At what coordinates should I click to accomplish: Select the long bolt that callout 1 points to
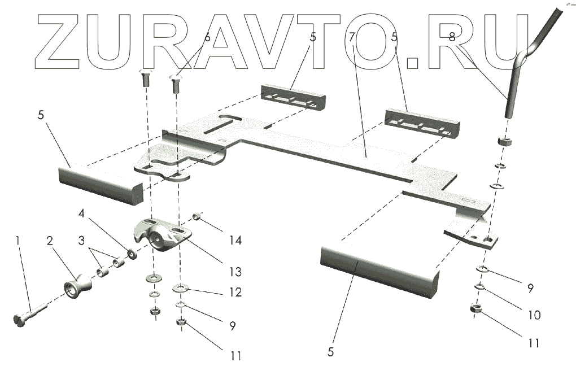pos(31,312)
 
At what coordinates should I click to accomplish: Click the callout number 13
pos(235,272)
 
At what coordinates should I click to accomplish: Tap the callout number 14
pos(235,241)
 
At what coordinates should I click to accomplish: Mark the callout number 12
pos(235,293)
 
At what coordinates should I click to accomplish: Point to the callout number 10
pos(533,315)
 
